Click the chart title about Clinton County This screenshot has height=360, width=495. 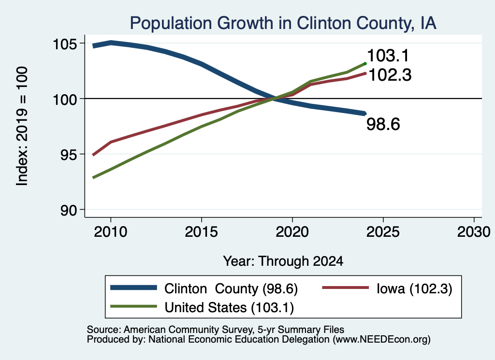[x=283, y=23]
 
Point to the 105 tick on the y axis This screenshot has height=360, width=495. [x=65, y=44]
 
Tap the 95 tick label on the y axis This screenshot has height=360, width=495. [x=69, y=155]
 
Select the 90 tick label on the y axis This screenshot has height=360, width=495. [x=69, y=210]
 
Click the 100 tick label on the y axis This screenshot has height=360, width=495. [x=65, y=100]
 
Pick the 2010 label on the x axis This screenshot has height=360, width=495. [x=111, y=232]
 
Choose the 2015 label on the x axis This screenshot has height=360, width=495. [x=202, y=232]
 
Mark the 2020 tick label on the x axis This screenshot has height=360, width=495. [x=292, y=232]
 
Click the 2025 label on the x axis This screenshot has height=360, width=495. [x=383, y=232]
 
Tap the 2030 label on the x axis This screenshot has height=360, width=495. [x=474, y=232]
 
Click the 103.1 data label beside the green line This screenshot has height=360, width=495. [x=388, y=56]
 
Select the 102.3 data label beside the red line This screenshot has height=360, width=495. [x=390, y=75]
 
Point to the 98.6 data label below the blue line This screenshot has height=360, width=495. [x=383, y=124]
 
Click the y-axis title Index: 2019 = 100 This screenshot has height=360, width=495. [x=22, y=126]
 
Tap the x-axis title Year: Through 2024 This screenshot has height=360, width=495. [x=283, y=261]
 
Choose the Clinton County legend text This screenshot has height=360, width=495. [x=231, y=288]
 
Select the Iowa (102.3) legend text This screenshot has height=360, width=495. [x=414, y=288]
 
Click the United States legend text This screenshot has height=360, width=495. [x=229, y=307]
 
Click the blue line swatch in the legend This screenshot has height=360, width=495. [x=133, y=288]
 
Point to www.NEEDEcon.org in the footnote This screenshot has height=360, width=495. [x=381, y=339]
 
